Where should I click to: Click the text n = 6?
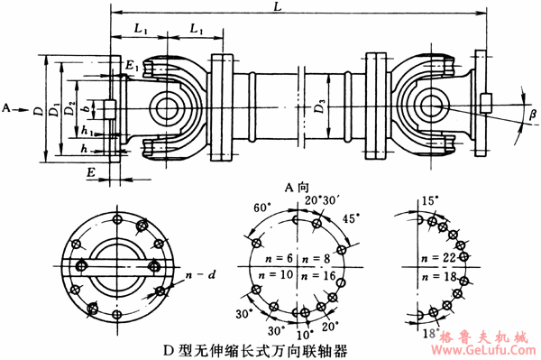274,257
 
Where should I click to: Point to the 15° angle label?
430,199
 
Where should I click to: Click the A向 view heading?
297,188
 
